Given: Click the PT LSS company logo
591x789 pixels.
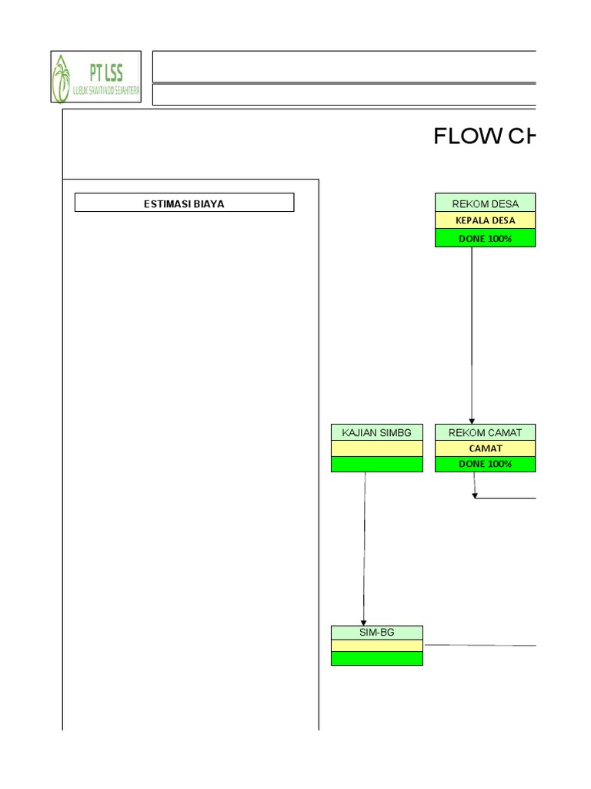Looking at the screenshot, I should tap(96, 77).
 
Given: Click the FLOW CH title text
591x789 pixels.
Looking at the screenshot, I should tap(483, 137).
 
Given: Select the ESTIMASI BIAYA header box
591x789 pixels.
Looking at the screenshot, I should tap(184, 203).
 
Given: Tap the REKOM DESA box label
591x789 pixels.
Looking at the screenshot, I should tap(484, 203).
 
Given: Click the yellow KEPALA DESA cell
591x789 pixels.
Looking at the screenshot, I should tap(485, 220).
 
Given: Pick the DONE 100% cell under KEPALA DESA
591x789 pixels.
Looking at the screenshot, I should tap(485, 239).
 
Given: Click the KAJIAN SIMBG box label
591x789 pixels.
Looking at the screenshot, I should tap(377, 433).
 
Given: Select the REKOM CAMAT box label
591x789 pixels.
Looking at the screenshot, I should tap(485, 433).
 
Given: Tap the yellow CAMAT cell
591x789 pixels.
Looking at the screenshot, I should tap(485, 448).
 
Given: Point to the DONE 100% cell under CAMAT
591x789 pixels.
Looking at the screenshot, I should tap(485, 465).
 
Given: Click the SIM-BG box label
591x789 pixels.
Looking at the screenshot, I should tap(377, 632).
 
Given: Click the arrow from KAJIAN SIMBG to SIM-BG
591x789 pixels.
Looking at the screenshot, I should tap(365, 547).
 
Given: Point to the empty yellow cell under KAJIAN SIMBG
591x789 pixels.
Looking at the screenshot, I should tap(377, 448).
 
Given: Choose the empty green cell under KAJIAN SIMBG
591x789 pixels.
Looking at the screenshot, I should tap(377, 465).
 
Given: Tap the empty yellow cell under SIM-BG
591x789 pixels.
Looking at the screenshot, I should tap(377, 646).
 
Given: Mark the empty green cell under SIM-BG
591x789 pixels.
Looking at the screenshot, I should tap(377, 659).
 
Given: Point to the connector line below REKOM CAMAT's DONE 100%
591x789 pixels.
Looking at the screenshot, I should tap(504, 499).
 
